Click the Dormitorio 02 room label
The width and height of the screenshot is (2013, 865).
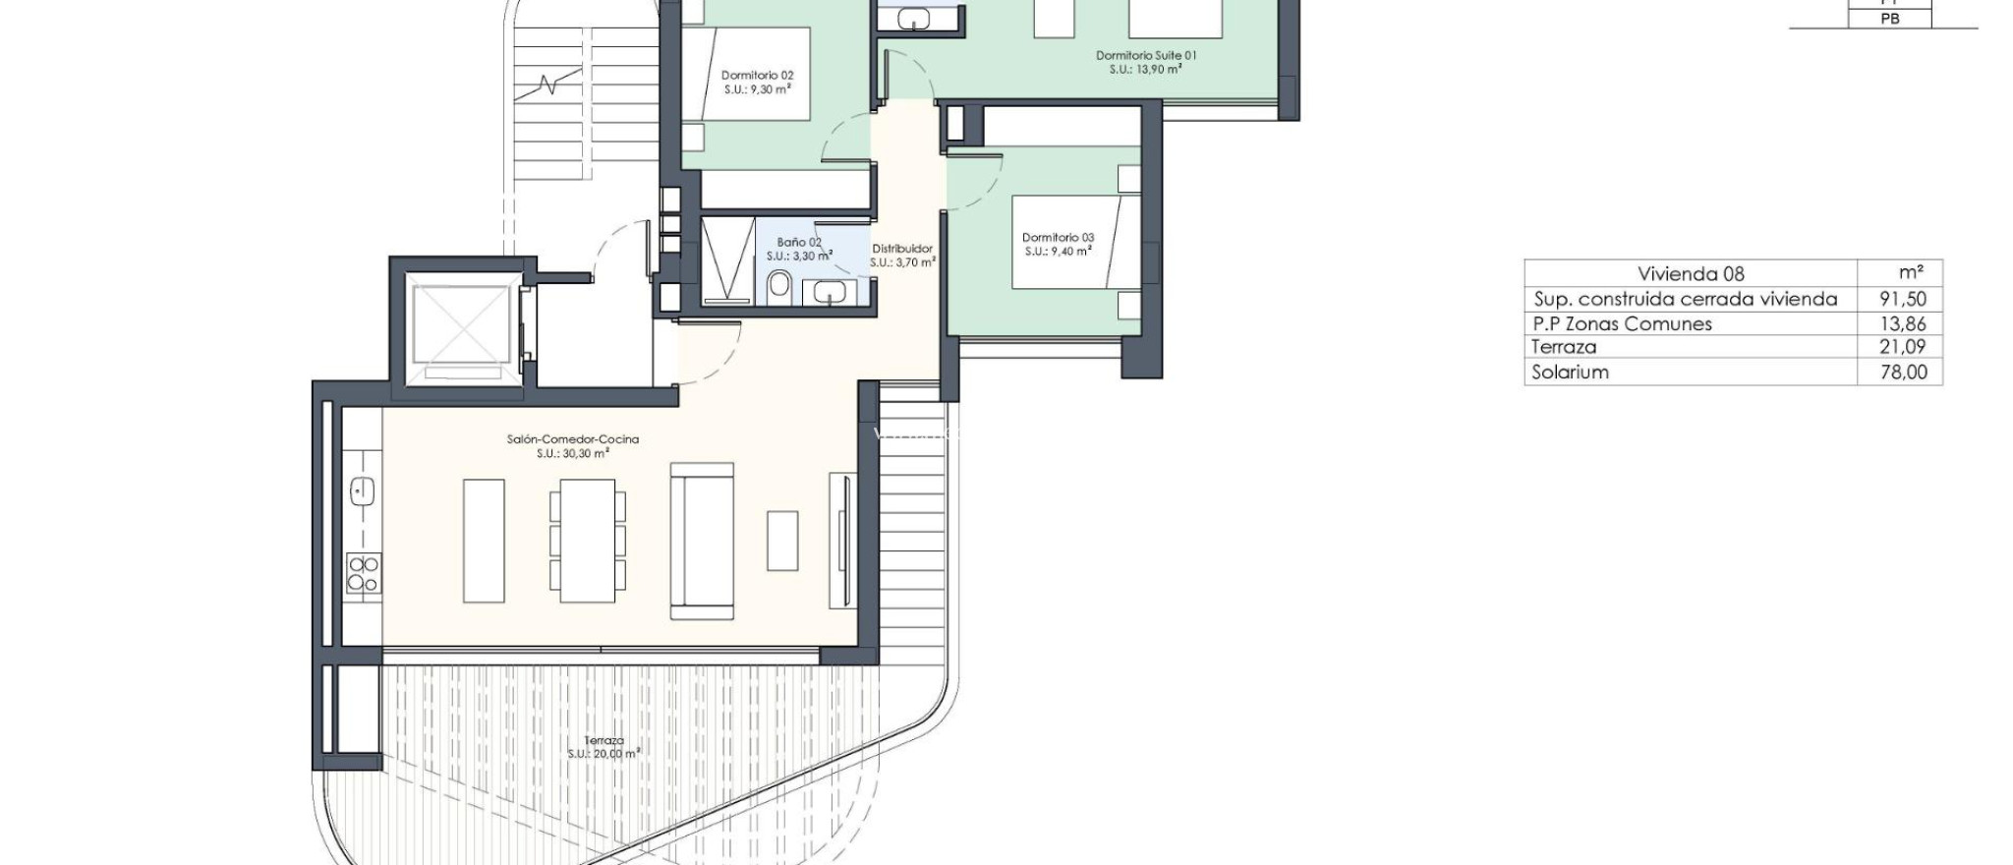[757, 76]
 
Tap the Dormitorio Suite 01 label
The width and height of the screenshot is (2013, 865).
[1146, 56]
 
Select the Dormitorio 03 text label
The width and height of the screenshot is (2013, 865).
[1058, 238]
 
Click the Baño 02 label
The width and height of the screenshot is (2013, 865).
[798, 242]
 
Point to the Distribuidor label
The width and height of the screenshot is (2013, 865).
[902, 249]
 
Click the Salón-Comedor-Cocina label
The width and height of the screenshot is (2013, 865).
[573, 439]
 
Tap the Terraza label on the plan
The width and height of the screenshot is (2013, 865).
[604, 740]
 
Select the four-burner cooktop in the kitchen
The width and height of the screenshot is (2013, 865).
[363, 573]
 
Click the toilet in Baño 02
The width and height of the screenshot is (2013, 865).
[779, 286]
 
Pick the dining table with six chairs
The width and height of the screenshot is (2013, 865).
[587, 541]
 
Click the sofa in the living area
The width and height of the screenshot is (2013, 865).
[702, 542]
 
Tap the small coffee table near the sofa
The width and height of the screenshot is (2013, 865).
[782, 541]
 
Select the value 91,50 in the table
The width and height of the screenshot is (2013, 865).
[1902, 299]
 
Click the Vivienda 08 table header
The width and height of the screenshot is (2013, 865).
[1691, 274]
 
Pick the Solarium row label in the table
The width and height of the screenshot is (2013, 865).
[1570, 372]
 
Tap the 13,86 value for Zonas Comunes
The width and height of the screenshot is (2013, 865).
[1902, 323]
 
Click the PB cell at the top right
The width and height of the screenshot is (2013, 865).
[1889, 19]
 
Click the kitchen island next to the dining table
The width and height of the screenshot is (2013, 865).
[483, 541]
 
